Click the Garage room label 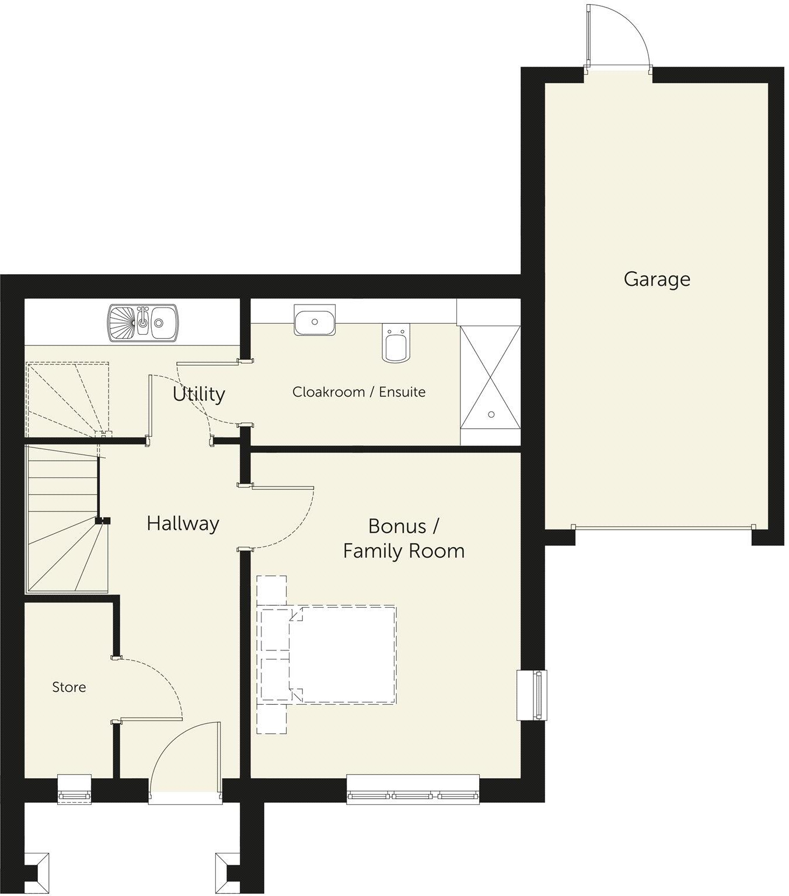(x=657, y=279)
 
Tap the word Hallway (x=183, y=523)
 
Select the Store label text (x=69, y=687)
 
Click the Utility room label (x=198, y=394)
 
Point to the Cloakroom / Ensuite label (x=358, y=392)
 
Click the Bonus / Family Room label (x=403, y=538)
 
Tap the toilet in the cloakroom (x=395, y=345)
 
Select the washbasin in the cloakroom (x=315, y=320)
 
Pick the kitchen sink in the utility (x=142, y=323)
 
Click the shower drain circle (x=491, y=414)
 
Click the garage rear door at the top (x=617, y=38)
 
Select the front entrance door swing (x=186, y=758)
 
